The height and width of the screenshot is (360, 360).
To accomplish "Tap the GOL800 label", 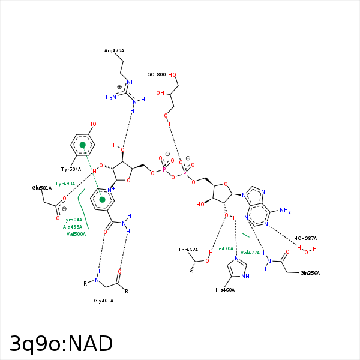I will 157,74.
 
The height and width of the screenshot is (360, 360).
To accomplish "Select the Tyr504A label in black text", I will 71,169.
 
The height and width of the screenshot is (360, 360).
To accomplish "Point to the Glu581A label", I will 42,188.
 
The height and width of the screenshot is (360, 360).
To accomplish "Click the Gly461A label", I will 104,300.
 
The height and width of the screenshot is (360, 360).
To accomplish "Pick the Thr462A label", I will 188,249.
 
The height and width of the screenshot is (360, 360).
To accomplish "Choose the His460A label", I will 225,290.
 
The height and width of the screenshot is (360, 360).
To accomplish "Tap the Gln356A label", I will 310,273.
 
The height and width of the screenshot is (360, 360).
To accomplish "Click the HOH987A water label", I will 305,238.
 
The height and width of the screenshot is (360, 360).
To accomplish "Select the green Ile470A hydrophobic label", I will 224,248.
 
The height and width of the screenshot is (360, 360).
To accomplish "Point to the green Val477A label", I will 250,253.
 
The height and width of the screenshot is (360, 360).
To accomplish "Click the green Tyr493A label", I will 65,184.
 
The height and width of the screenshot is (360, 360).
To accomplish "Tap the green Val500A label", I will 76,234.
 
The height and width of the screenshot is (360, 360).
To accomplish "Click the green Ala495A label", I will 73,227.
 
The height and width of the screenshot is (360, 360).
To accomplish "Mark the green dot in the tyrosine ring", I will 83,145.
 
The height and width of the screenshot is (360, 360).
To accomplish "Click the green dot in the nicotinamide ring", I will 103,199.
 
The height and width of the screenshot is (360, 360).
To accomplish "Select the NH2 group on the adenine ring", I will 284,211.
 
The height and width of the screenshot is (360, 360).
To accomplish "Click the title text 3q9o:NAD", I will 61,343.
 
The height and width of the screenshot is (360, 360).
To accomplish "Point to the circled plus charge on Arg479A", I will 119,87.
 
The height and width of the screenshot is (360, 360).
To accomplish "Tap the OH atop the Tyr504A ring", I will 92,125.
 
